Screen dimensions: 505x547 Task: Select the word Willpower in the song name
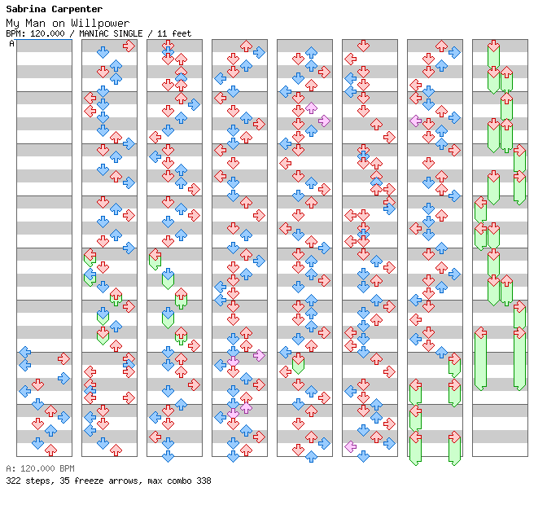[x=105, y=23]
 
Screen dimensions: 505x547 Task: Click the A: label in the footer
[x=10, y=469]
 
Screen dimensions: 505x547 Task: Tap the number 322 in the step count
[x=13, y=481]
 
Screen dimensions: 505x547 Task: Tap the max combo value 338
[x=203, y=481]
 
